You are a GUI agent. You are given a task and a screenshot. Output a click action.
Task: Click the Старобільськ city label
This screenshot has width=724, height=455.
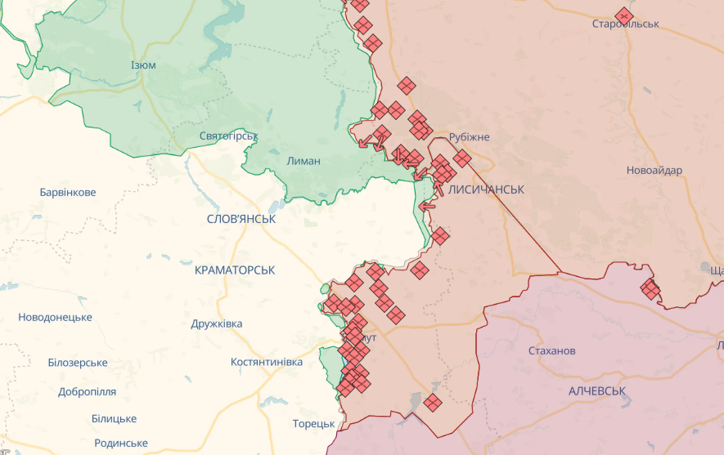point(625,24)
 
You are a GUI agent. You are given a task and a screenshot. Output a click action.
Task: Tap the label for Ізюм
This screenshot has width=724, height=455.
point(143,65)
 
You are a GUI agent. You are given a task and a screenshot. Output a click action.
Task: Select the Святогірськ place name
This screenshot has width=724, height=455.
point(229,136)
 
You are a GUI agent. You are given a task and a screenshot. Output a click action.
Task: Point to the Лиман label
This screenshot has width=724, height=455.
point(304,161)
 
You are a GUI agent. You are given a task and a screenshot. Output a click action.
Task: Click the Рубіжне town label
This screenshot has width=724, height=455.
point(469,136)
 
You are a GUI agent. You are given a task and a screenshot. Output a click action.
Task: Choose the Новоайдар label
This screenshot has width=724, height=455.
point(654,171)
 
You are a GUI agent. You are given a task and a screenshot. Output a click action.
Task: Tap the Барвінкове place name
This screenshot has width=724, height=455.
point(68,193)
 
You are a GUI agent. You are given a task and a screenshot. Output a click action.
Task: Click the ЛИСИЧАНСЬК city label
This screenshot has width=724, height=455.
point(486,189)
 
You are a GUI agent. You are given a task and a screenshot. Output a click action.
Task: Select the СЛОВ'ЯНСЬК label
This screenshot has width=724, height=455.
point(241,219)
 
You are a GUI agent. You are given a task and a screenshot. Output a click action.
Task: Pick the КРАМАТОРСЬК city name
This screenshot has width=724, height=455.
point(235,270)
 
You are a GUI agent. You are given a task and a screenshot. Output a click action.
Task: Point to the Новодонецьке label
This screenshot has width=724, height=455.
point(55,317)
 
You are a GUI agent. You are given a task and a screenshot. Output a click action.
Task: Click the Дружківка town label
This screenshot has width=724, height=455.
point(217,323)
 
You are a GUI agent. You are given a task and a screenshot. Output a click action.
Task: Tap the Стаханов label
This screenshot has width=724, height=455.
point(552,350)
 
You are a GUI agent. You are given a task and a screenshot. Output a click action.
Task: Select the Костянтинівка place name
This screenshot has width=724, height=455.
point(263,361)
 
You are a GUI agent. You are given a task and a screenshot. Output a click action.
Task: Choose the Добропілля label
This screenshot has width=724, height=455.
point(88,391)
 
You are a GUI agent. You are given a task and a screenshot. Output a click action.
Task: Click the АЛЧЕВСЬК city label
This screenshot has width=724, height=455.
point(597,390)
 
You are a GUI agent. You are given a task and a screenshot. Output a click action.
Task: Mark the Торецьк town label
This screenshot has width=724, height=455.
point(314,424)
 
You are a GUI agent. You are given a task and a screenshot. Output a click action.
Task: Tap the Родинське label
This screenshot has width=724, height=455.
point(121,443)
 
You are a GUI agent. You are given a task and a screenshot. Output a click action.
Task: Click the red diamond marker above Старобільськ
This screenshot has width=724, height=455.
point(624,16)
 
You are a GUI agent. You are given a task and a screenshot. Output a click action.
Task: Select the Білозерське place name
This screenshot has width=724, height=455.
point(78,363)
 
